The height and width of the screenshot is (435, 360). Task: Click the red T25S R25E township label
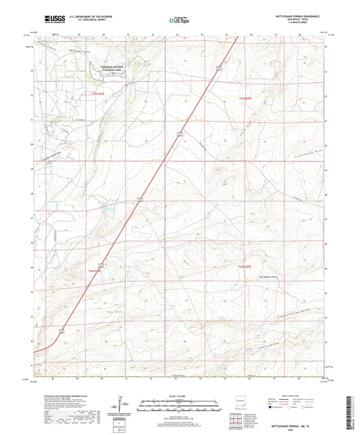click(247, 99)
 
